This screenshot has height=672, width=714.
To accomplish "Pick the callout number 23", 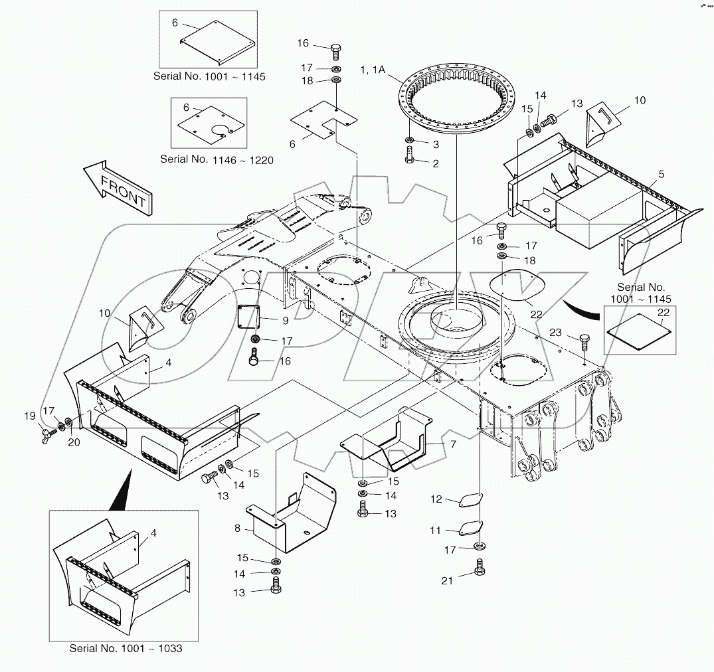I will (x=555, y=331).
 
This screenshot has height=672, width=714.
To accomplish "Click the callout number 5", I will (x=661, y=174).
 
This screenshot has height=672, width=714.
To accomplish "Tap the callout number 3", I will (x=436, y=143).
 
